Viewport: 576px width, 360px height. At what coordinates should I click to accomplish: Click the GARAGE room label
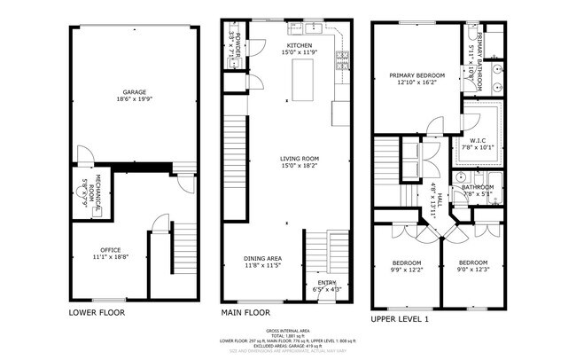[135, 90]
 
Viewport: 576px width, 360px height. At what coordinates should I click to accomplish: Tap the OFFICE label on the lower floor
[111, 250]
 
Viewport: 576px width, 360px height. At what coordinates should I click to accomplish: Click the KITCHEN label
[299, 44]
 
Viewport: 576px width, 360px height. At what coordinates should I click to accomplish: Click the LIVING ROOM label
[299, 159]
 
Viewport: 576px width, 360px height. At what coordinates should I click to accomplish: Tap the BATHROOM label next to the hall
[477, 187]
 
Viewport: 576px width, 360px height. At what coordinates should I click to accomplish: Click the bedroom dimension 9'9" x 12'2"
[408, 270]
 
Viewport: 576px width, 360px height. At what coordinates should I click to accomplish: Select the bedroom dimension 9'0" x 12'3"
[472, 270]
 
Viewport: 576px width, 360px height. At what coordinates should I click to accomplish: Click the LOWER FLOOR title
[97, 313]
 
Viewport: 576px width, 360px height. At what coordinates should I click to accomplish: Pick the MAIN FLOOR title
[245, 313]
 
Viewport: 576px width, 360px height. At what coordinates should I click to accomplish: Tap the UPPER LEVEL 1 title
[400, 317]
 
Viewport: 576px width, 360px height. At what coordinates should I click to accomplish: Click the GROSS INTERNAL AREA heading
[288, 328]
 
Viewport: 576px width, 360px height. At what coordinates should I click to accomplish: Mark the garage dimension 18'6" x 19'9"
[135, 98]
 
